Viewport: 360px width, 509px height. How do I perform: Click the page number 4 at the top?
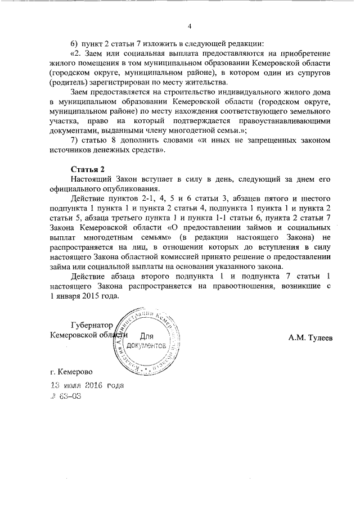[190, 26]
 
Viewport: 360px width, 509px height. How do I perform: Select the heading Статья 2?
[88, 169]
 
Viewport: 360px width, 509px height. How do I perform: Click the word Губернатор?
[92, 325]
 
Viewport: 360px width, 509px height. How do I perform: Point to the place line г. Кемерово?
[72, 372]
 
